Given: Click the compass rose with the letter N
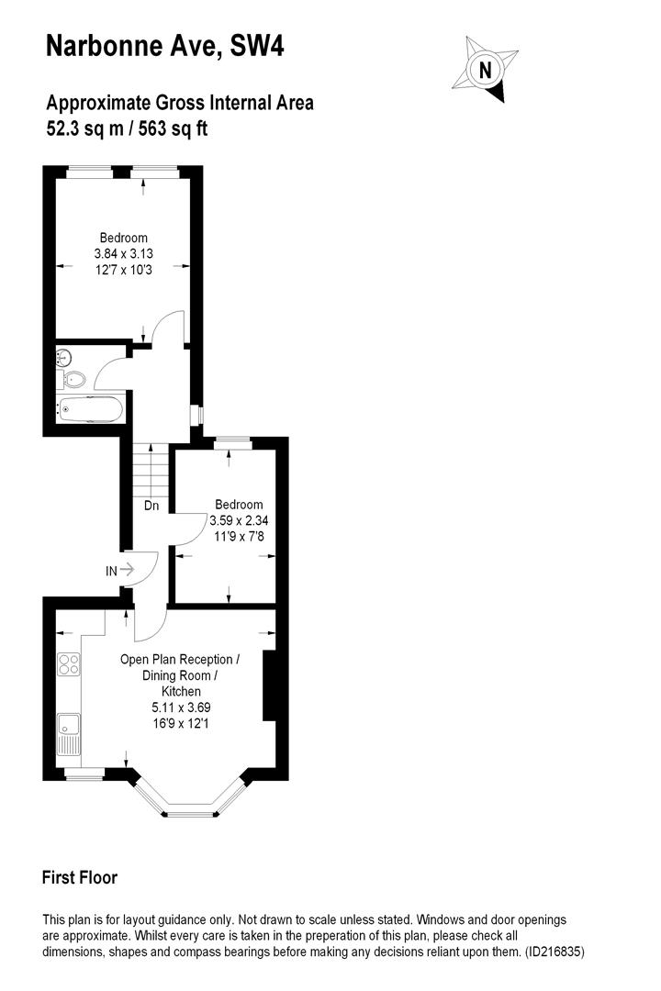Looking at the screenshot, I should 485,69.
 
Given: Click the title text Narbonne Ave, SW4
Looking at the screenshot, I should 165,47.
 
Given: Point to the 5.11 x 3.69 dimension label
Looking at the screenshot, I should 181,707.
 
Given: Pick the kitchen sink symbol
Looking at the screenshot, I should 68,734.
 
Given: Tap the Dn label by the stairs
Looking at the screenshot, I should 151,505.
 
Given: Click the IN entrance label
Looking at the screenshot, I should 111,571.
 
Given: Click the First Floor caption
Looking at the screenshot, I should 80,878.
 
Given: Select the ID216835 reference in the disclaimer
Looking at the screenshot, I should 554,952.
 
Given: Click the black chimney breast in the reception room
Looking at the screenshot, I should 270,686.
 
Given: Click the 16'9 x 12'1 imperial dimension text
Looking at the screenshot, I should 181,723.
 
